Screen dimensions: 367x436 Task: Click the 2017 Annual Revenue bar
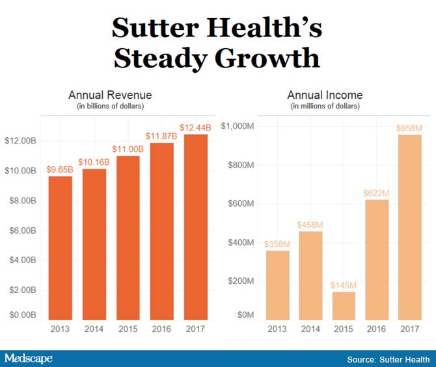pos(197,227)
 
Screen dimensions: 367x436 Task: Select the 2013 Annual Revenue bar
pos(61,247)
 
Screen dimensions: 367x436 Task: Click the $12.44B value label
pos(197,127)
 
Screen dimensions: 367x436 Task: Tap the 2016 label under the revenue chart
pos(163,329)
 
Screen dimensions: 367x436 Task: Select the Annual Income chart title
pos(326,95)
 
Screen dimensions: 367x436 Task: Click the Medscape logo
pos(29,359)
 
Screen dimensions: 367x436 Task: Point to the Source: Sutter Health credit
pos(388,359)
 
